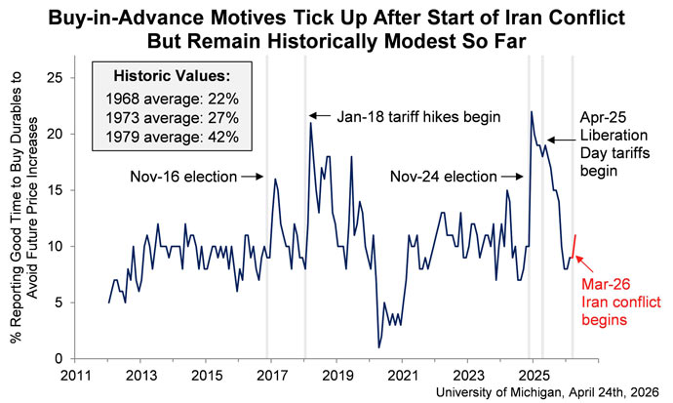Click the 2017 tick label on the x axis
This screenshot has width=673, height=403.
click(271, 375)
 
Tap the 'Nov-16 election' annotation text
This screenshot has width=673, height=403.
click(181, 177)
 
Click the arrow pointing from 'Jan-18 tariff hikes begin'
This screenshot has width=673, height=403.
click(321, 117)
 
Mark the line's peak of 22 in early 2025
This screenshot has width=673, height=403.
click(532, 111)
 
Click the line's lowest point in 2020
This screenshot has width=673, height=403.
click(378, 347)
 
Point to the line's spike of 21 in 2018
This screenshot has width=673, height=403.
click(311, 123)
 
